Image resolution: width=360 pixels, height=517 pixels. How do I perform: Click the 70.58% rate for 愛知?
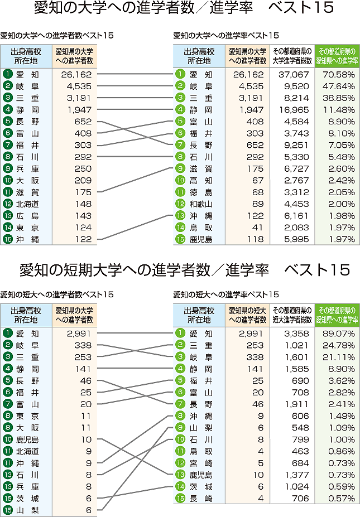339,74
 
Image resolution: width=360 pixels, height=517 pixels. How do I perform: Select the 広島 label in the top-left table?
27,215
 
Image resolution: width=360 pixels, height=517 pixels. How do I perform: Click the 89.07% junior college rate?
339,333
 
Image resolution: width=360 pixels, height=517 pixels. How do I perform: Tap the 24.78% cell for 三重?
339,345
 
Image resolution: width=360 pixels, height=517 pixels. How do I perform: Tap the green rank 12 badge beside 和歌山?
180,204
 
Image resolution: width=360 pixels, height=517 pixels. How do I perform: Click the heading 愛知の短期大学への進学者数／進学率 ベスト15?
184,270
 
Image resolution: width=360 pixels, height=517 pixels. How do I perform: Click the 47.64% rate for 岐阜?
339,86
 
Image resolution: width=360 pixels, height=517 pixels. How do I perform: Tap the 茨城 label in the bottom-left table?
27,498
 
